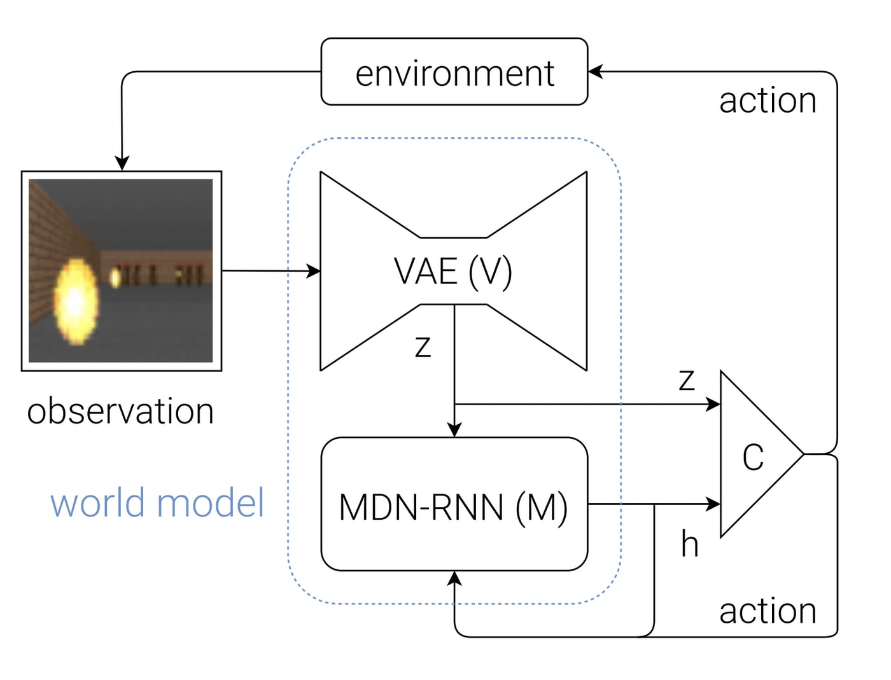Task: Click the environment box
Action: [454, 72]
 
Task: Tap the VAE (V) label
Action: [453, 272]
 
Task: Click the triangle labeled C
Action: [754, 455]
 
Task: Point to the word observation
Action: [120, 411]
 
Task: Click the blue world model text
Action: [157, 503]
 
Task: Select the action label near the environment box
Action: [768, 101]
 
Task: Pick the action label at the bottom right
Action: [768, 611]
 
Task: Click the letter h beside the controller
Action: [690, 545]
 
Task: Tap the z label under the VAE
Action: [423, 347]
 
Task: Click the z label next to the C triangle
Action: [687, 380]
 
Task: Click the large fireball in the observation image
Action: [76, 302]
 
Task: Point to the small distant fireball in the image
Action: [115, 277]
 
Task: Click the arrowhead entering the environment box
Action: [595, 71]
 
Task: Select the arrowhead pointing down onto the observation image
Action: [122, 163]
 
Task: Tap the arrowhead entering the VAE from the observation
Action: [314, 272]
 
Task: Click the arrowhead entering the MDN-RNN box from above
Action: [454, 430]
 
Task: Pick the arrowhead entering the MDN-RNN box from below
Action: [454, 578]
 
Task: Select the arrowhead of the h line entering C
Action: [713, 504]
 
